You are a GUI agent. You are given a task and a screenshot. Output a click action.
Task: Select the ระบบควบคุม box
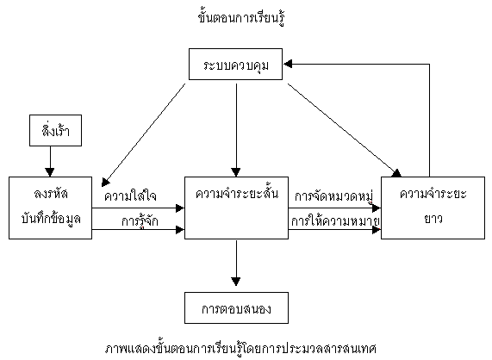[236, 65]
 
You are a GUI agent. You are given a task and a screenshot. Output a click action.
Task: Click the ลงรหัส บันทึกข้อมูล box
[50, 206]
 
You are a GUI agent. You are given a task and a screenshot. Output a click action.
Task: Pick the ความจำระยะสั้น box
[235, 206]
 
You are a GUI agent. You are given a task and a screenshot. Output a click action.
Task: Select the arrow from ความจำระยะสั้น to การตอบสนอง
[235, 263]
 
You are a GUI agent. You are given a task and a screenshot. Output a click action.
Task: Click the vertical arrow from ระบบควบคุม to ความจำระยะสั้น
[235, 129]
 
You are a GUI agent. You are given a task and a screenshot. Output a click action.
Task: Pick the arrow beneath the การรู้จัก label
[138, 230]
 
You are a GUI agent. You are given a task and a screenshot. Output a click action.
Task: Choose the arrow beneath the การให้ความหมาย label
[335, 230]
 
